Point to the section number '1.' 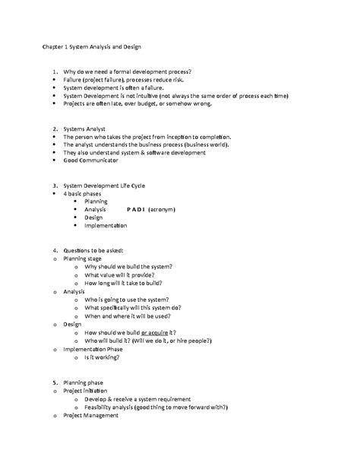tap(46, 71)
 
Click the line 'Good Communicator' tap(91, 160)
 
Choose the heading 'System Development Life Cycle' tap(109, 185)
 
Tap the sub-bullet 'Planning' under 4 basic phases tap(96, 200)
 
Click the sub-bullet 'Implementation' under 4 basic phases tap(106, 226)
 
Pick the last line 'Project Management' tap(91, 416)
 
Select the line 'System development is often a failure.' tap(114, 87)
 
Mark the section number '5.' tap(46, 382)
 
